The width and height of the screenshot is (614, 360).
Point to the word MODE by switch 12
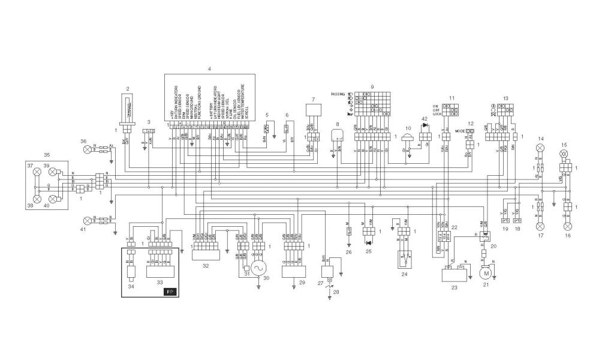[x=460, y=130]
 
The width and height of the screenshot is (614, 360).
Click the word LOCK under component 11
[x=437, y=113]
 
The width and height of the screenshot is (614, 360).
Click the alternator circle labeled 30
[x=258, y=268]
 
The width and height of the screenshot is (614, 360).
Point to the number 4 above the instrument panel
[x=209, y=70]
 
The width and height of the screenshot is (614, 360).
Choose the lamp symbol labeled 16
[x=567, y=226]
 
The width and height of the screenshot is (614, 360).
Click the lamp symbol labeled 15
[x=563, y=154]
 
